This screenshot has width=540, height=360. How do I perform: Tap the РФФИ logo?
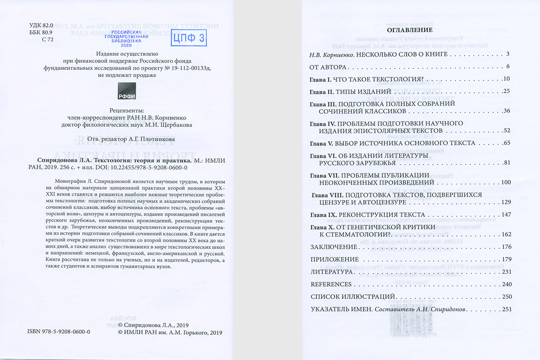point(127,91)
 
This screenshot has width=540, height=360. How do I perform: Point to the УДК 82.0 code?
point(41,26)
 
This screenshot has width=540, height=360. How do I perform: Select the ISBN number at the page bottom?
point(59,332)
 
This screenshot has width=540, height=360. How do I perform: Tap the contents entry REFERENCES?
point(331,284)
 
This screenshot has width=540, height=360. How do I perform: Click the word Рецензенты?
point(127,110)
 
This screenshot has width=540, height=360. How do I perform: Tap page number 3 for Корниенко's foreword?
point(507,54)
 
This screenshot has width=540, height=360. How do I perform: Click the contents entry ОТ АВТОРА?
point(327,67)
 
